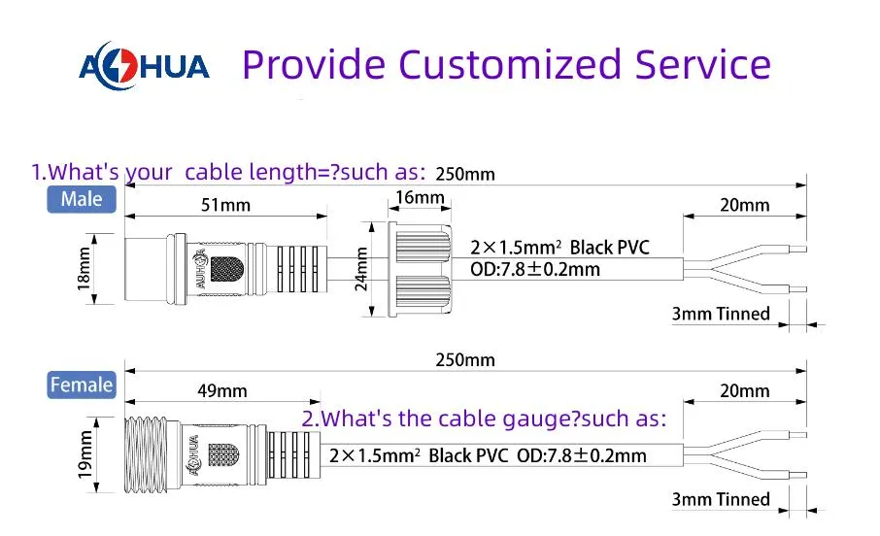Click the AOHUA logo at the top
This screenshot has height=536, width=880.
[x=144, y=66]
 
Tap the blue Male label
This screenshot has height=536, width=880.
[x=82, y=199]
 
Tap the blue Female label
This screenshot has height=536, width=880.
[x=82, y=385]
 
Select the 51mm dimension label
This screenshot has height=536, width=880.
[x=225, y=205]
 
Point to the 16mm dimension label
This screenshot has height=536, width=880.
[x=420, y=197]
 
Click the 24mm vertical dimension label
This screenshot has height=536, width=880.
[x=361, y=269]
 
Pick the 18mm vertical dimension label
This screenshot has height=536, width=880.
[x=84, y=269]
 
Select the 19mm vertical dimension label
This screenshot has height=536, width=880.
[x=85, y=454]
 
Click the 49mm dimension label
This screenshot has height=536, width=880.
[x=222, y=390]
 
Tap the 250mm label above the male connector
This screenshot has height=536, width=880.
[x=465, y=174]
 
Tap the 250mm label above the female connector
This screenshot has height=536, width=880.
[x=465, y=360]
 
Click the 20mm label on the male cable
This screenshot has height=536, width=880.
[x=745, y=205]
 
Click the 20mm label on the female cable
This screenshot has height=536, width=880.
[x=745, y=390]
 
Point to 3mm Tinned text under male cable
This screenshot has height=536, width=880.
[x=721, y=314]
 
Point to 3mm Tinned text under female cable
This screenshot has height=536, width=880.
[x=721, y=499]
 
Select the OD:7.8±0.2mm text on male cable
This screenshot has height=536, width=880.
[x=535, y=269]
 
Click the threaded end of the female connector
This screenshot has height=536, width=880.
[x=146, y=454]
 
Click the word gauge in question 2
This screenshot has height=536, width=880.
[x=538, y=419]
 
